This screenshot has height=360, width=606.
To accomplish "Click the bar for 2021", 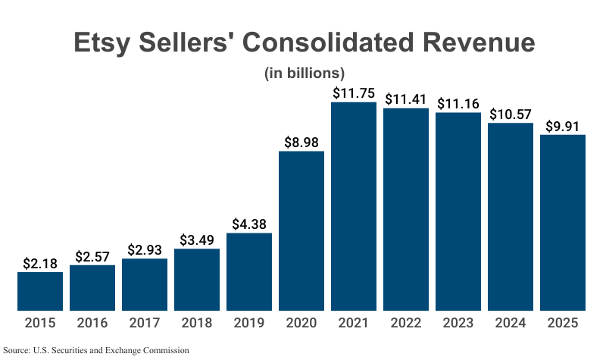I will [354, 206].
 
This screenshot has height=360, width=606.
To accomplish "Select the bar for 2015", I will [40, 291].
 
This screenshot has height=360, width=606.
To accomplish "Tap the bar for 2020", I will [301, 230].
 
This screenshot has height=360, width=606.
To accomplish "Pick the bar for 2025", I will [563, 222].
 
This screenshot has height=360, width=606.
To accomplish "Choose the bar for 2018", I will [197, 279].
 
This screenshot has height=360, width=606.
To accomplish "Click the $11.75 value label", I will [354, 92].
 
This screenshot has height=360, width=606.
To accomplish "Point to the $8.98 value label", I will [301, 142].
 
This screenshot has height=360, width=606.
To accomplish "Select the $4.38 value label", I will [249, 224].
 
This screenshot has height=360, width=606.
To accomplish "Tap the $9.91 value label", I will [563, 125].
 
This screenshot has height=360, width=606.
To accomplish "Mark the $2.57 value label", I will [92, 255].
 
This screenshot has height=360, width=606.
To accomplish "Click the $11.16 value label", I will [458, 103].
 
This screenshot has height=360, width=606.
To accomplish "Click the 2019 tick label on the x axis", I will [249, 323].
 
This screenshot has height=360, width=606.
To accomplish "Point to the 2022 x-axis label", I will [406, 323].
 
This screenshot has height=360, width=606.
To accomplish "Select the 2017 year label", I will [145, 323].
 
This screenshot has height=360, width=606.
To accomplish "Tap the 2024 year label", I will [511, 323].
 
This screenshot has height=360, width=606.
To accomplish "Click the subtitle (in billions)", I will [304, 74].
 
